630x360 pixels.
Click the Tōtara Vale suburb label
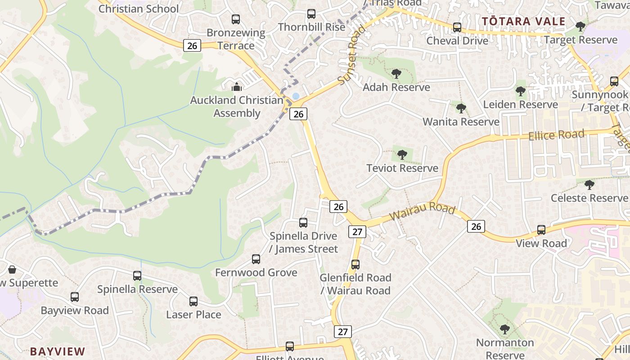[523, 21]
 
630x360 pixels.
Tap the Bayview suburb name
[58, 351]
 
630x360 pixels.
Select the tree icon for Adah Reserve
[396, 74]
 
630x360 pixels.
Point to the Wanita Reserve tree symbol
[461, 108]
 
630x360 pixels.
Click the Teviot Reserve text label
[402, 168]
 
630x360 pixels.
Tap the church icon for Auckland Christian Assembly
[237, 87]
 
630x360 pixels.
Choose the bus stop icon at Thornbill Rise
[311, 14]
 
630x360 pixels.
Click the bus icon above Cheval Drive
[457, 27]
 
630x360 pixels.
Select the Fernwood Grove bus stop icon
[256, 259]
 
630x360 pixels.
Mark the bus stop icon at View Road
[541, 230]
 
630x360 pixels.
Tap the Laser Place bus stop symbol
[193, 301]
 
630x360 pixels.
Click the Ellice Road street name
[557, 135]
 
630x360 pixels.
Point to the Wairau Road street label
[422, 211]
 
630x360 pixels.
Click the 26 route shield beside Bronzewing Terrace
[192, 45]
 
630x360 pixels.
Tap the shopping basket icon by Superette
[12, 270]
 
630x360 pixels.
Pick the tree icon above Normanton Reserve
[505, 329]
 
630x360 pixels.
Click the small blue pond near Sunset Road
[296, 96]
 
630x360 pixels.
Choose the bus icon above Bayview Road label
[75, 297]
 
